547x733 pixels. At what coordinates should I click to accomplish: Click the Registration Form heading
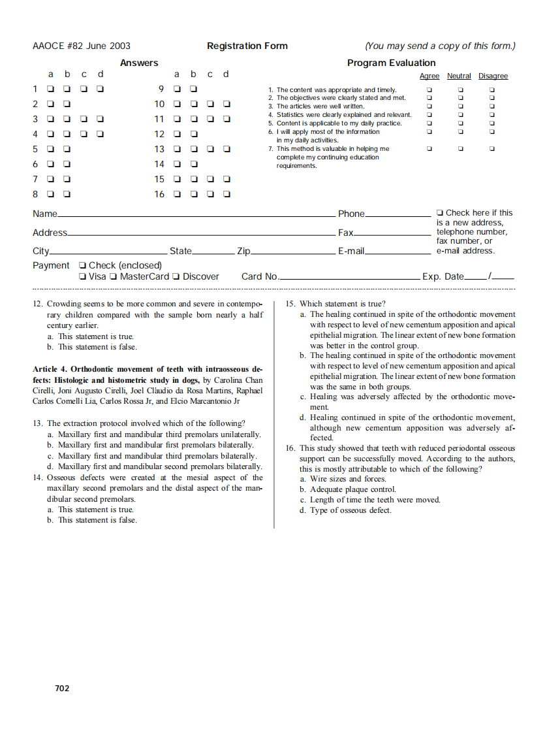(x=247, y=46)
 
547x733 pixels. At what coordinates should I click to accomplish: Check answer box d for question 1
(x=100, y=89)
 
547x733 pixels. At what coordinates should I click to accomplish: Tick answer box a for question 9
(x=177, y=89)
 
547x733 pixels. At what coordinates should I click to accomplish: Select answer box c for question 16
(x=210, y=194)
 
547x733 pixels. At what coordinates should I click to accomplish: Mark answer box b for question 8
(x=67, y=194)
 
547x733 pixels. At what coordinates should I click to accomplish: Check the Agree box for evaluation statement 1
(x=429, y=90)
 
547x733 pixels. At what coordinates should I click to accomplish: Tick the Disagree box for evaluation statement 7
(x=492, y=149)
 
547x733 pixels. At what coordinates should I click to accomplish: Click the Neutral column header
(x=459, y=76)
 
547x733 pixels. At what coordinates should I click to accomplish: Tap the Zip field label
(x=243, y=251)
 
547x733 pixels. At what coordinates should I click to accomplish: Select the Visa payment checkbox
(x=82, y=277)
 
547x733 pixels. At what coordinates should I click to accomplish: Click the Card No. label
(x=260, y=277)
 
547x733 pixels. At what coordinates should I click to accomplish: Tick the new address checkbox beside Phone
(x=440, y=213)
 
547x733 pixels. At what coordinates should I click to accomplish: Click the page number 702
(x=62, y=688)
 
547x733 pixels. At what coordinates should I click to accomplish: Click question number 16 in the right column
(x=290, y=448)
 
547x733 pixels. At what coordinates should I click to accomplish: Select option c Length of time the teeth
(x=370, y=500)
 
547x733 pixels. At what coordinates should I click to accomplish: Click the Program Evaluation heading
(x=391, y=63)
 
